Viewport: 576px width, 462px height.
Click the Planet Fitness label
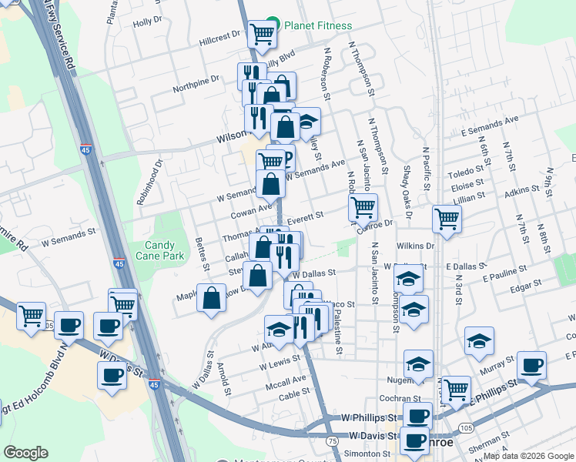(x=317, y=25)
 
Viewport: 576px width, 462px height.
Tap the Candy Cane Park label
(x=160, y=249)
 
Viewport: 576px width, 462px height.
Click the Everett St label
(x=304, y=218)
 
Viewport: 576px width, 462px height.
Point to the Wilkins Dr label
(x=416, y=246)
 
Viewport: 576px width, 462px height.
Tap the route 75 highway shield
(x=331, y=440)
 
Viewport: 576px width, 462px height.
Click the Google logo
(x=26, y=453)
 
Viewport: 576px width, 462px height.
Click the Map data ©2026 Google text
(x=527, y=457)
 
